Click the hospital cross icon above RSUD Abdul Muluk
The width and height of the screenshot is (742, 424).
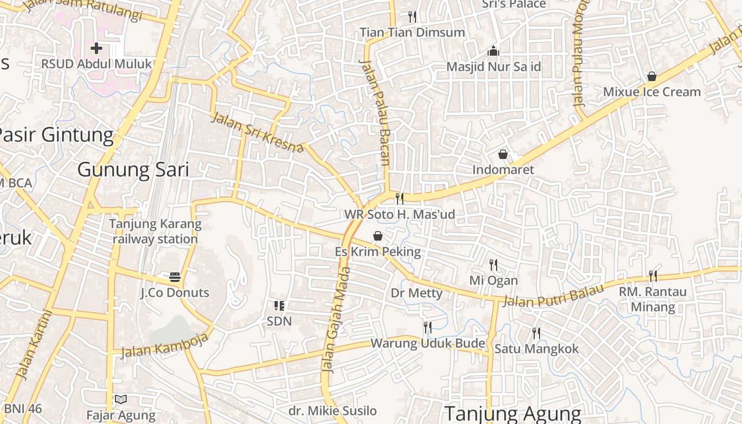pyautogui.click(x=96, y=48)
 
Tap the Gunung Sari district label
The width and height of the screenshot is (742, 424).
pyautogui.click(x=133, y=170)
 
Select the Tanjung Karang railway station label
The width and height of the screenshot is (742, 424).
pyautogui.click(x=155, y=231)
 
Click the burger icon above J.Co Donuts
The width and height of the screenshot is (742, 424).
pyautogui.click(x=175, y=277)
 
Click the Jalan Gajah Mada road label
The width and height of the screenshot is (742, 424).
pyautogui.click(x=335, y=320)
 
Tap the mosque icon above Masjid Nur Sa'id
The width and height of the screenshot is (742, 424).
pyautogui.click(x=493, y=51)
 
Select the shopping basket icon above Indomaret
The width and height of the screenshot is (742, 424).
pyautogui.click(x=502, y=154)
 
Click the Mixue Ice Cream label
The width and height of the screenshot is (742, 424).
pyautogui.click(x=652, y=92)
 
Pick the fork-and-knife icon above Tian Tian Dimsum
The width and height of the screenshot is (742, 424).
pyautogui.click(x=412, y=17)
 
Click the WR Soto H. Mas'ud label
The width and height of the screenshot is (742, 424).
pyautogui.click(x=400, y=215)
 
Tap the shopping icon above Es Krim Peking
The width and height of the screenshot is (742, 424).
pyautogui.click(x=378, y=236)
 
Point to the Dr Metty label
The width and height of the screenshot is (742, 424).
pyautogui.click(x=417, y=293)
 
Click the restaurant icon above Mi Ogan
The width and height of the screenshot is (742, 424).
pyautogui.click(x=493, y=264)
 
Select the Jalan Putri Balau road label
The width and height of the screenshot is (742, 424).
pyautogui.click(x=553, y=295)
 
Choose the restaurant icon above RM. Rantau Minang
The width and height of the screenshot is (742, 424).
pyautogui.click(x=652, y=276)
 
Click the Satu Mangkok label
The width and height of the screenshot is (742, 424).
pyautogui.click(x=536, y=349)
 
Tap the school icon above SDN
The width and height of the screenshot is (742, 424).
pyautogui.click(x=279, y=305)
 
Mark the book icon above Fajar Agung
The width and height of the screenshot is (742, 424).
pyautogui.click(x=121, y=399)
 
